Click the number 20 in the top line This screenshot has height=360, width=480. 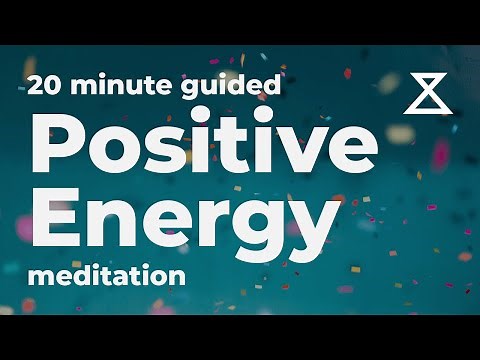click(x=47, y=86)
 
